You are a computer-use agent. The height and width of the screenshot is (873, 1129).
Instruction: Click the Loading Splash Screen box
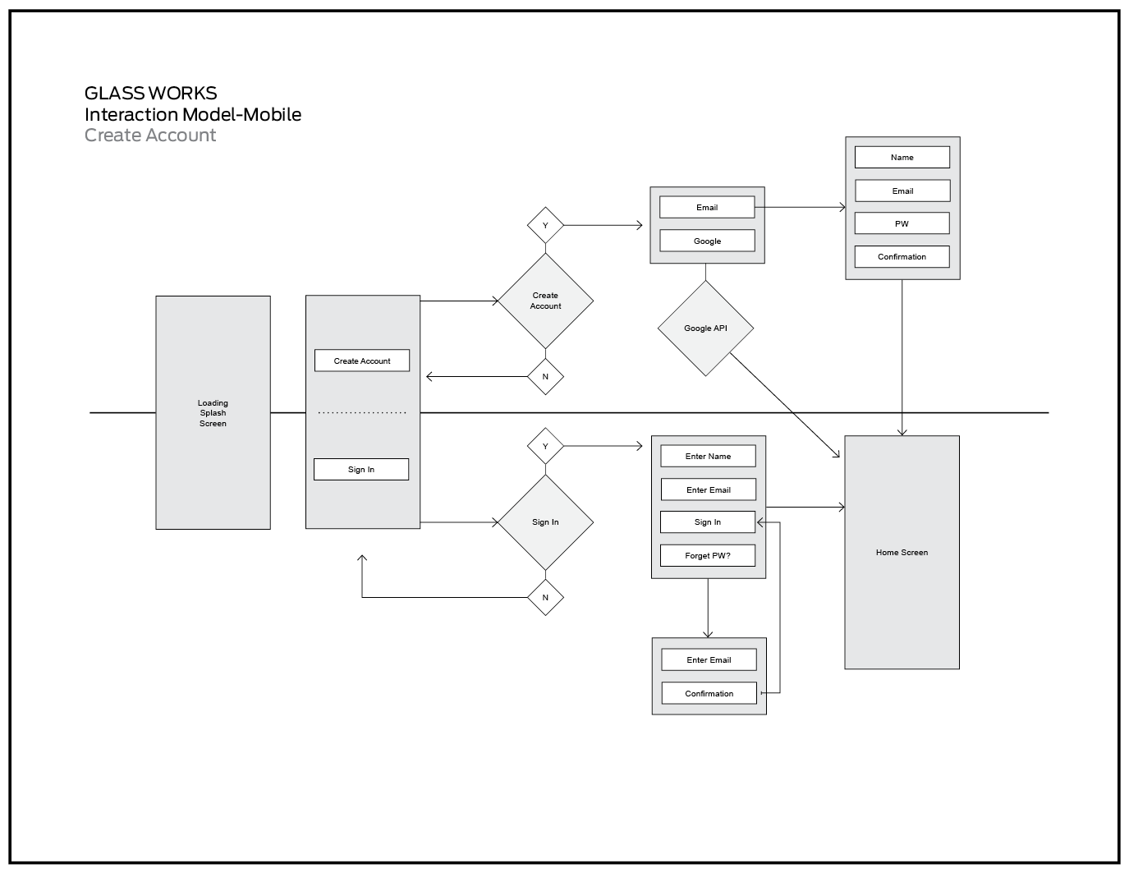tap(213, 412)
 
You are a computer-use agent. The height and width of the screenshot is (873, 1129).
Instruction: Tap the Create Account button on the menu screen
tap(362, 361)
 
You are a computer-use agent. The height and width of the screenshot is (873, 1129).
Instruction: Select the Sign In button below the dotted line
tap(361, 470)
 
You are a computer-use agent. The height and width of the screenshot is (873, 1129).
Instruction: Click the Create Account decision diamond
tap(545, 301)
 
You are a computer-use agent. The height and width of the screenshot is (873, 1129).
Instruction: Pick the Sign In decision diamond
tap(545, 522)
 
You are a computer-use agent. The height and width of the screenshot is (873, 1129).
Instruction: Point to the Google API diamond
tap(705, 329)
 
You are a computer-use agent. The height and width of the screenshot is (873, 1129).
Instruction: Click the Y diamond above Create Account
tap(545, 225)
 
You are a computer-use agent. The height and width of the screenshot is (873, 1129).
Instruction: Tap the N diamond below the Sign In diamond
tap(545, 597)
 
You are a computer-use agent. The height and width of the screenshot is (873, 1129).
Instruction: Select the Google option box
tap(707, 241)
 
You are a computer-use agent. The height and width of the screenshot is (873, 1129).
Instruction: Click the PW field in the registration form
tap(902, 223)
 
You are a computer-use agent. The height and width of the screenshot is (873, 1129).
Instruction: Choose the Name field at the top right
tap(902, 157)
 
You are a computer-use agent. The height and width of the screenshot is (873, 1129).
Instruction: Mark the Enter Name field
tap(708, 456)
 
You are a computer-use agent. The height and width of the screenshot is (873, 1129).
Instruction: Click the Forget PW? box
tap(708, 555)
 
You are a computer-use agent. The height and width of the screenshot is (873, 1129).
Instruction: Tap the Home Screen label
tap(902, 553)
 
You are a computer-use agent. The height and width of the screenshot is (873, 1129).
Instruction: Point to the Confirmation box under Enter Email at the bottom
tap(709, 693)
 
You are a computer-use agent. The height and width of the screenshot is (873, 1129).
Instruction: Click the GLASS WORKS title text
tap(151, 93)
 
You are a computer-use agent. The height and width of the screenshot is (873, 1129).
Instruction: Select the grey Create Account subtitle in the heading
tap(150, 136)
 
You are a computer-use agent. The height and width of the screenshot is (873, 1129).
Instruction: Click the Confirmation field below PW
tap(902, 256)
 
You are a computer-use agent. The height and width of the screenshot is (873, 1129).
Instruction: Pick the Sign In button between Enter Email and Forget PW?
tap(708, 522)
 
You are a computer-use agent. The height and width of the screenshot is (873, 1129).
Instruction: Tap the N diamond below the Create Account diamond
tap(545, 377)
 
